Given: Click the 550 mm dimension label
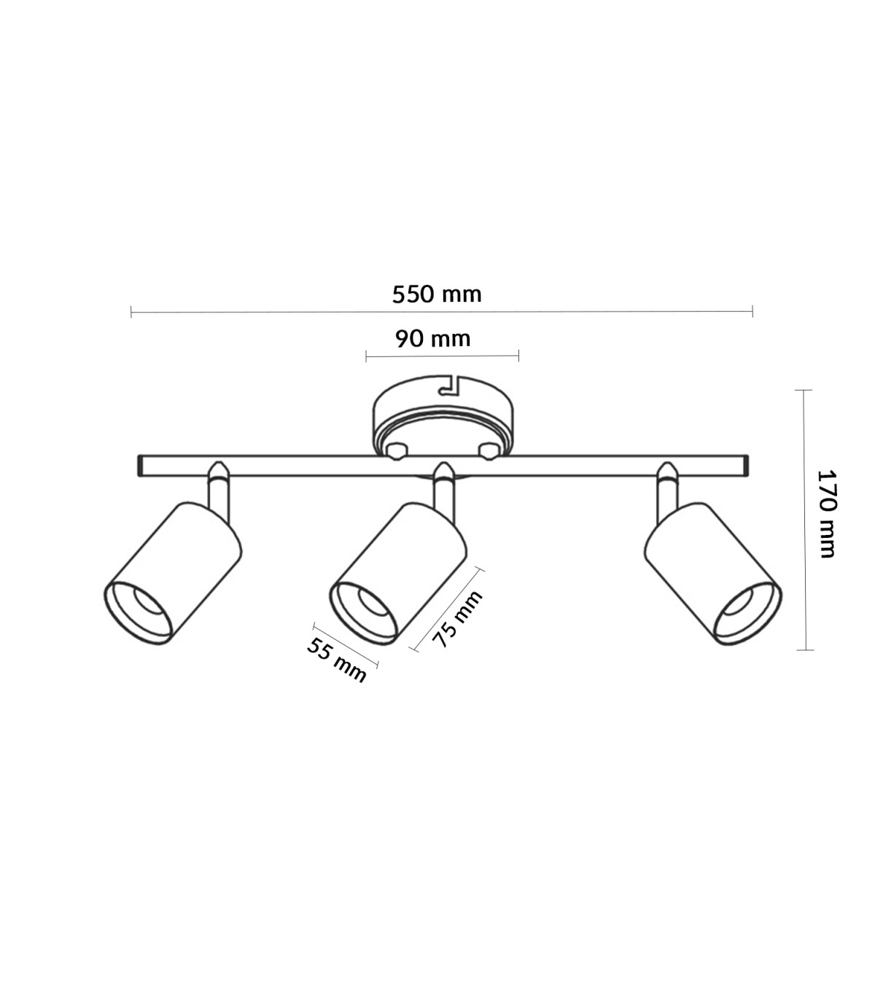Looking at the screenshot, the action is point(437,294).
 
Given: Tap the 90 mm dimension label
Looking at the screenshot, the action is point(432,339).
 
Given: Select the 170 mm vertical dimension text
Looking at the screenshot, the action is point(827,514).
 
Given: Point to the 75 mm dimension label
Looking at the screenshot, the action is point(457,619).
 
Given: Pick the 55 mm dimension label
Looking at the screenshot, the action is point(337,660).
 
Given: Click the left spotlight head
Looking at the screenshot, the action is point(173,573).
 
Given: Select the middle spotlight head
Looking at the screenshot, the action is point(398,574).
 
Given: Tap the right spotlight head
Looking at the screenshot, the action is point(712,574).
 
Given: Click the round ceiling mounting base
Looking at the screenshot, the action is point(443,416).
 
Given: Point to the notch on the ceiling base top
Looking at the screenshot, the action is point(451,386).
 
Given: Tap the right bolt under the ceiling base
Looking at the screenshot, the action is point(489,451).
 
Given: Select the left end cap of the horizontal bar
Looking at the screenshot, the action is point(140,466).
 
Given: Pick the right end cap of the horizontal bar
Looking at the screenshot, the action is point(746,466).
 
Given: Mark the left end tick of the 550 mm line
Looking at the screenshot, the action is point(131,311).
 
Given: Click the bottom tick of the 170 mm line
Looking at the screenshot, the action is point(804,650).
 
